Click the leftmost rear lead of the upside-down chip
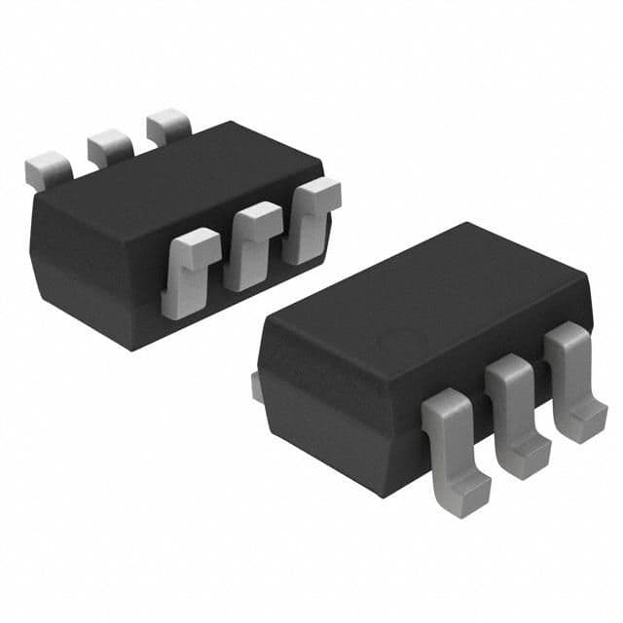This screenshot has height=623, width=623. [x=47, y=170]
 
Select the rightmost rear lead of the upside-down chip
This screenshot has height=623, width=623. [x=169, y=126]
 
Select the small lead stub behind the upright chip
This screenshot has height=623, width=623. [x=255, y=385]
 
